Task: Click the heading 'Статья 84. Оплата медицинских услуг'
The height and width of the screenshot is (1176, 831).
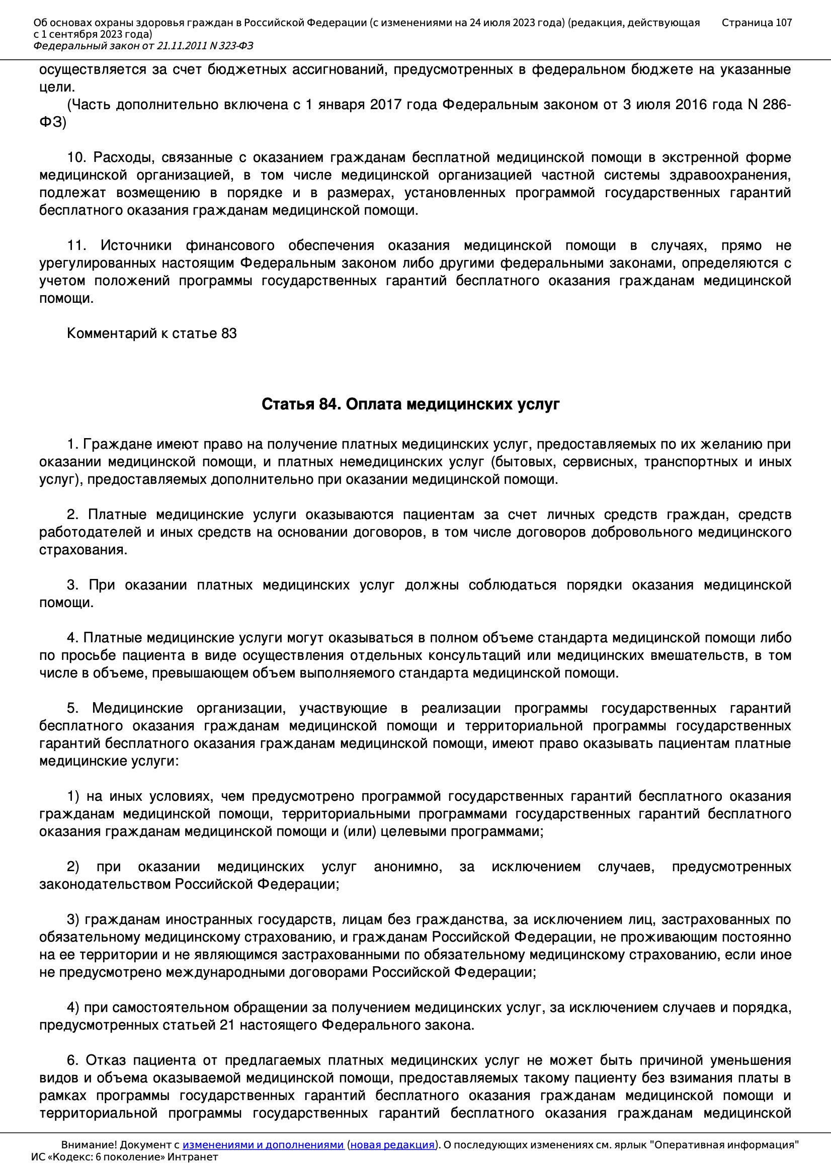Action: click(x=410, y=404)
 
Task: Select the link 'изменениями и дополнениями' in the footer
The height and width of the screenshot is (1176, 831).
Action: click(x=263, y=1144)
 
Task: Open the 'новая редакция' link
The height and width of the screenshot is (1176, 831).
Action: click(x=392, y=1144)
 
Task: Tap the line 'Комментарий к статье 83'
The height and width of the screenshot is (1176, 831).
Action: click(x=151, y=333)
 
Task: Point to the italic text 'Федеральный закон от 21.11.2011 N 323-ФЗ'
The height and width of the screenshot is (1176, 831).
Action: click(x=143, y=46)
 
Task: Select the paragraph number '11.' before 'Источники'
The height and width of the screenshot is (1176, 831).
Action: click(x=77, y=245)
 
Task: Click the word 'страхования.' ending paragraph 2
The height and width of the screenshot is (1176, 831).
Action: click(x=83, y=550)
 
